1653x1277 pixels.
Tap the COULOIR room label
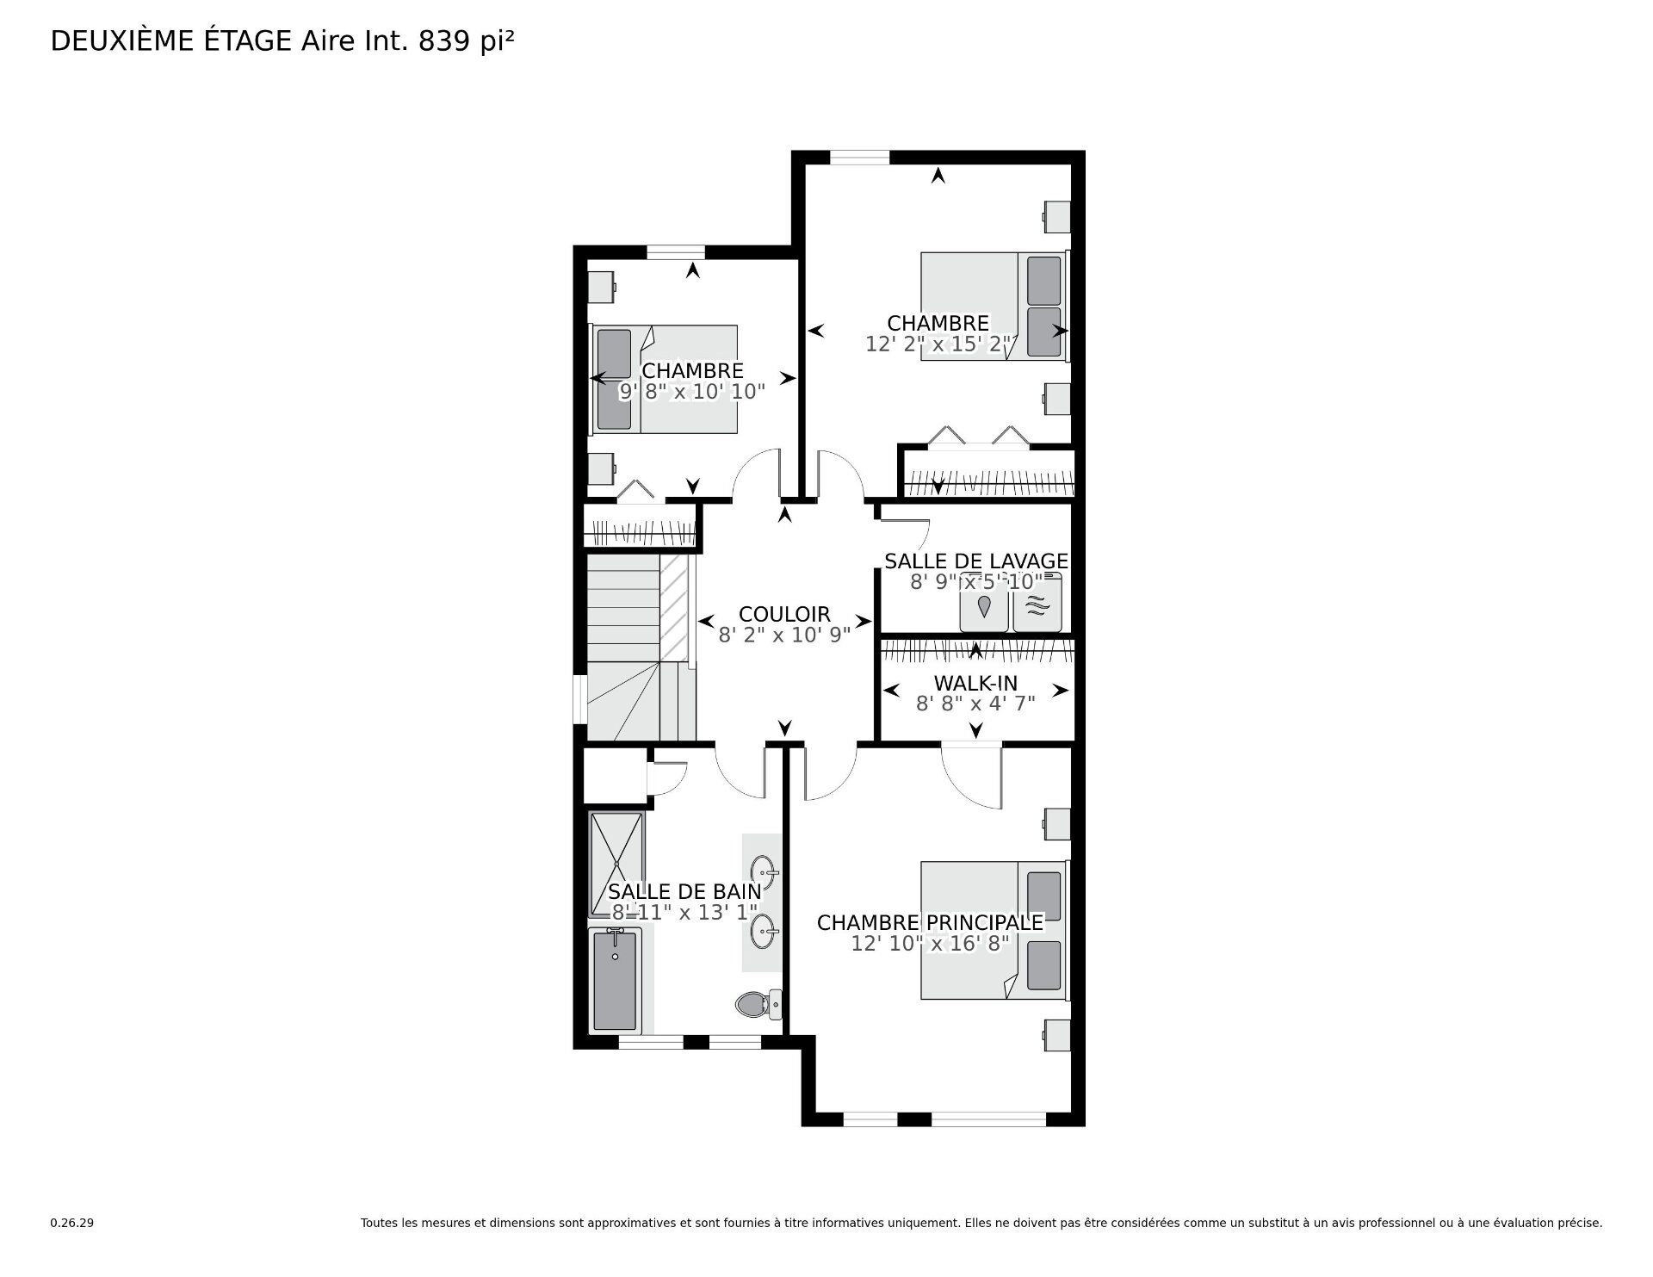pyautogui.click(x=784, y=614)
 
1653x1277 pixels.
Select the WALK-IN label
pyautogui.click(x=975, y=683)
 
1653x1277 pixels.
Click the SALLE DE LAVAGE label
pyautogui.click(x=976, y=561)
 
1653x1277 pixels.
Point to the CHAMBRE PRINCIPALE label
pyautogui.click(x=930, y=922)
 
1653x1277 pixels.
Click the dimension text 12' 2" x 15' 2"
pyautogui.click(x=939, y=344)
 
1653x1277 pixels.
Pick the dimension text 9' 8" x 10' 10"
pyautogui.click(x=692, y=392)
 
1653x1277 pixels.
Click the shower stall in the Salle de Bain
pyautogui.click(x=616, y=864)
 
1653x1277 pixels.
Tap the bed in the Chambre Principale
pyautogui.click(x=994, y=930)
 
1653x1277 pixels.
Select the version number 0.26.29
pyautogui.click(x=71, y=1223)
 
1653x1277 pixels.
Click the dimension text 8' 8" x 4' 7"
pyautogui.click(x=975, y=704)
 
